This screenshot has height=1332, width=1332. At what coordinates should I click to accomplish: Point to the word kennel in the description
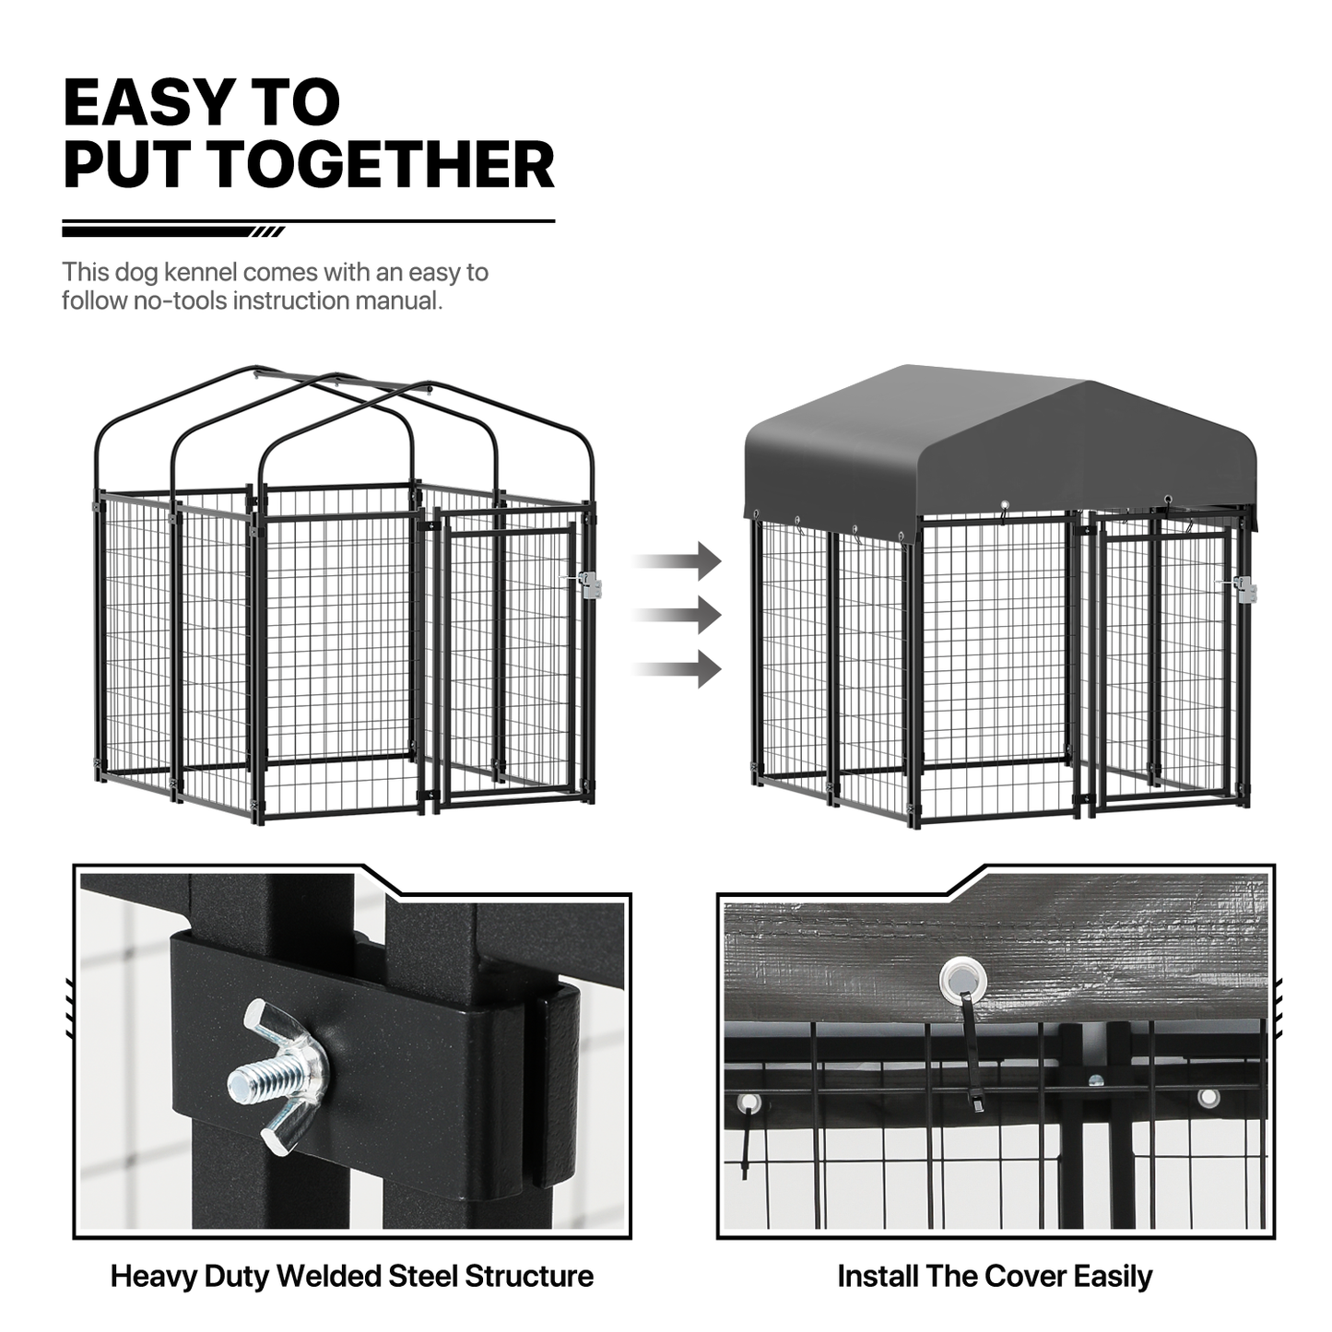pos(200,272)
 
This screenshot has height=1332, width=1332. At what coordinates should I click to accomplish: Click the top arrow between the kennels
pos(678,560)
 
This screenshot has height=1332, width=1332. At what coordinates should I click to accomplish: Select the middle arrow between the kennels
pos(678,615)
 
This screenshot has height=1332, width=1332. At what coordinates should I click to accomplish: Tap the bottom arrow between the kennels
pos(678,668)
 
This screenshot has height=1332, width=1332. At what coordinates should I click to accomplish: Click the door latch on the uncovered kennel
pos(588,584)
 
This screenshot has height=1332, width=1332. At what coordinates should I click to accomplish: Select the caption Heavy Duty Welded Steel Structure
pos(352,1276)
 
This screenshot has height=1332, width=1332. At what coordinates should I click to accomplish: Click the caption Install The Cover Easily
pos(995,1276)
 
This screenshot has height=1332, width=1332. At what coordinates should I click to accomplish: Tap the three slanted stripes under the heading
pos(267,231)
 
